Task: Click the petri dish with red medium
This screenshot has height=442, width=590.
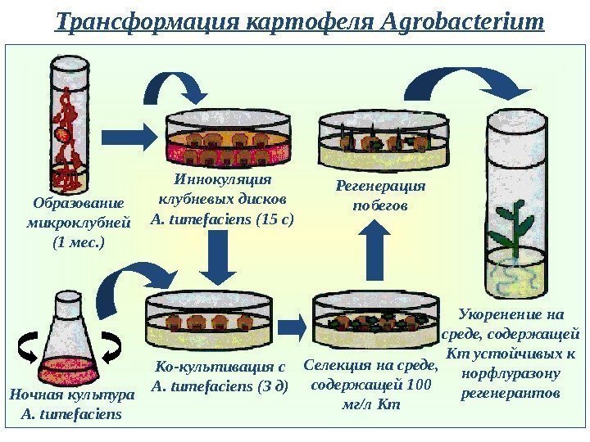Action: [x=229, y=139]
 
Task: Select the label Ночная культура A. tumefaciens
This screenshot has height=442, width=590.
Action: [x=70, y=404]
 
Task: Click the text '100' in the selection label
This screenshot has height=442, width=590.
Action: [x=420, y=385]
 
